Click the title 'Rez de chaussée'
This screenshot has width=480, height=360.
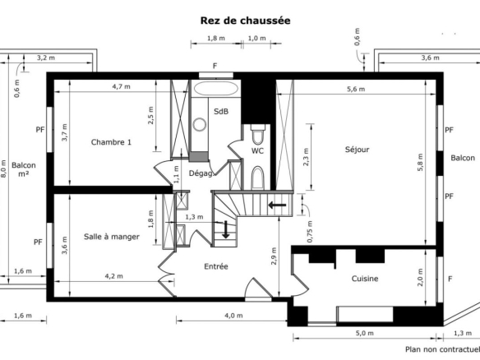click(x=245, y=21)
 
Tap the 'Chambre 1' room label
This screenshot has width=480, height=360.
click(x=111, y=142)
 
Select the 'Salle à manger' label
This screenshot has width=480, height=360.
click(x=112, y=237)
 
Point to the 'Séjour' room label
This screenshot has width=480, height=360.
click(x=357, y=150)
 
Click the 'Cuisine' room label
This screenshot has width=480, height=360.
click(x=365, y=279)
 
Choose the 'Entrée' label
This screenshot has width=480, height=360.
click(x=216, y=266)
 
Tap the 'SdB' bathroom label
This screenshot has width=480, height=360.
click(x=221, y=112)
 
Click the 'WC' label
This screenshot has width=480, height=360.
click(x=257, y=150)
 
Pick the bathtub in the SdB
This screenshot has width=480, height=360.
click(x=216, y=89)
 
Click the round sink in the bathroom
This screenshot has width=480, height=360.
click(x=200, y=124)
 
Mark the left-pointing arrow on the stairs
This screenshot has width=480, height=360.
click(x=277, y=205)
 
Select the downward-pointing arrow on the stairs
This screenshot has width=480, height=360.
click(x=225, y=229)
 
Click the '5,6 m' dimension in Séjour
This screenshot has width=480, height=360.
click(x=356, y=89)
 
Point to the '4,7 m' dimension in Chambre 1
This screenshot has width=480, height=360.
click(x=121, y=86)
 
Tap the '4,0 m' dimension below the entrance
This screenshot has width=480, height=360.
click(x=233, y=316)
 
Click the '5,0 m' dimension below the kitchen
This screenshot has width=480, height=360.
click(x=365, y=333)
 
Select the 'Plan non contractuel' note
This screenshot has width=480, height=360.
click(x=443, y=349)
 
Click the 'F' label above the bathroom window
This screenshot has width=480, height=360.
click(x=215, y=66)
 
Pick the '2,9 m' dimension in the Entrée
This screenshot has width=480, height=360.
click(x=274, y=256)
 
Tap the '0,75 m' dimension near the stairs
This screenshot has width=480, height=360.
click(x=310, y=232)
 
